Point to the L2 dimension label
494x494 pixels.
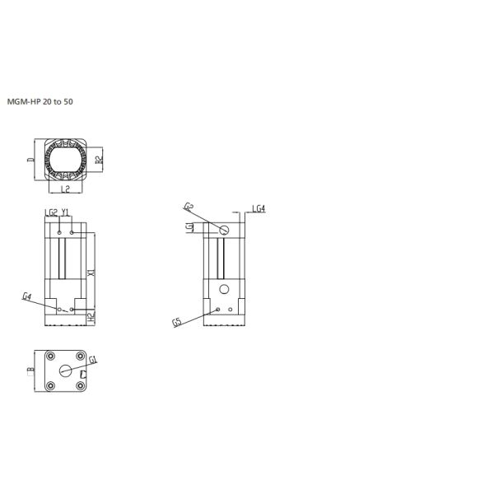[66, 189]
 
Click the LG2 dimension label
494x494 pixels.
[51, 212]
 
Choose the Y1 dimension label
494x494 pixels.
[66, 212]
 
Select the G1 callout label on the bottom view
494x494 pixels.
[93, 360]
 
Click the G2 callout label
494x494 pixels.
[189, 207]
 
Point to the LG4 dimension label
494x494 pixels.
[258, 209]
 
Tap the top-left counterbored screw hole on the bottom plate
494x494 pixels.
[51, 357]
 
